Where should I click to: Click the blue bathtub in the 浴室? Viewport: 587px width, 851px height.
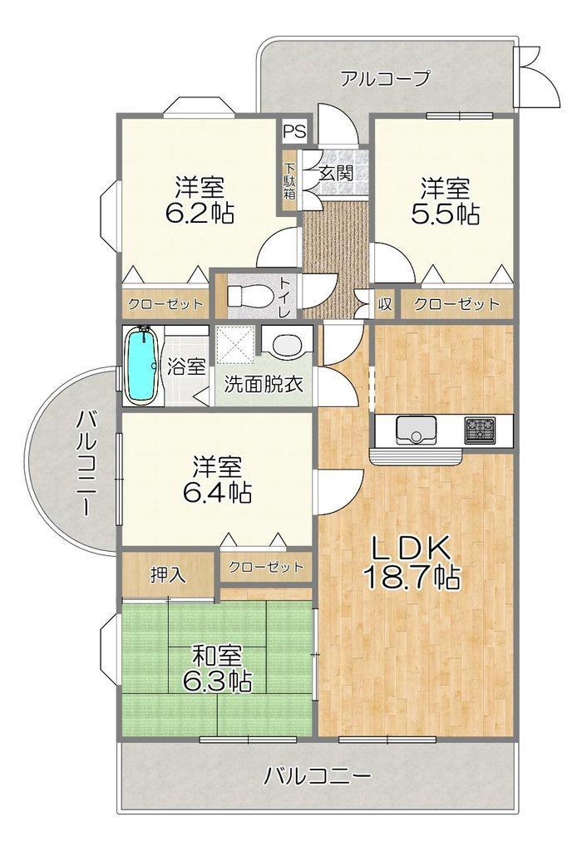(141, 366)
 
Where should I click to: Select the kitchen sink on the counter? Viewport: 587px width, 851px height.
(416, 430)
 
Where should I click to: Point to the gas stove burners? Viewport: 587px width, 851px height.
(480, 429)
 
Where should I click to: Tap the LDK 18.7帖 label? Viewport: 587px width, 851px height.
(411, 563)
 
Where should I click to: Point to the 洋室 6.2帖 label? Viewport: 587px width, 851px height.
(200, 200)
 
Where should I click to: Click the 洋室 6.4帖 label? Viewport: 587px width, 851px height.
(217, 479)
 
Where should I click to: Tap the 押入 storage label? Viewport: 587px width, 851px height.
(168, 575)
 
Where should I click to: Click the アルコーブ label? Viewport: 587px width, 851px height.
(386, 79)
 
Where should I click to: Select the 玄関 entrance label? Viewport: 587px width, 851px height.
(336, 173)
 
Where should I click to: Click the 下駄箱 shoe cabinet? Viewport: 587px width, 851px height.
(289, 181)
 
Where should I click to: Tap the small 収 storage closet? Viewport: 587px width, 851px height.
(384, 303)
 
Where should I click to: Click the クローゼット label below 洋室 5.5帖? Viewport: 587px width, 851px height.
(456, 304)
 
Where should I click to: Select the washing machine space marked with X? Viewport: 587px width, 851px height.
(235, 345)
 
